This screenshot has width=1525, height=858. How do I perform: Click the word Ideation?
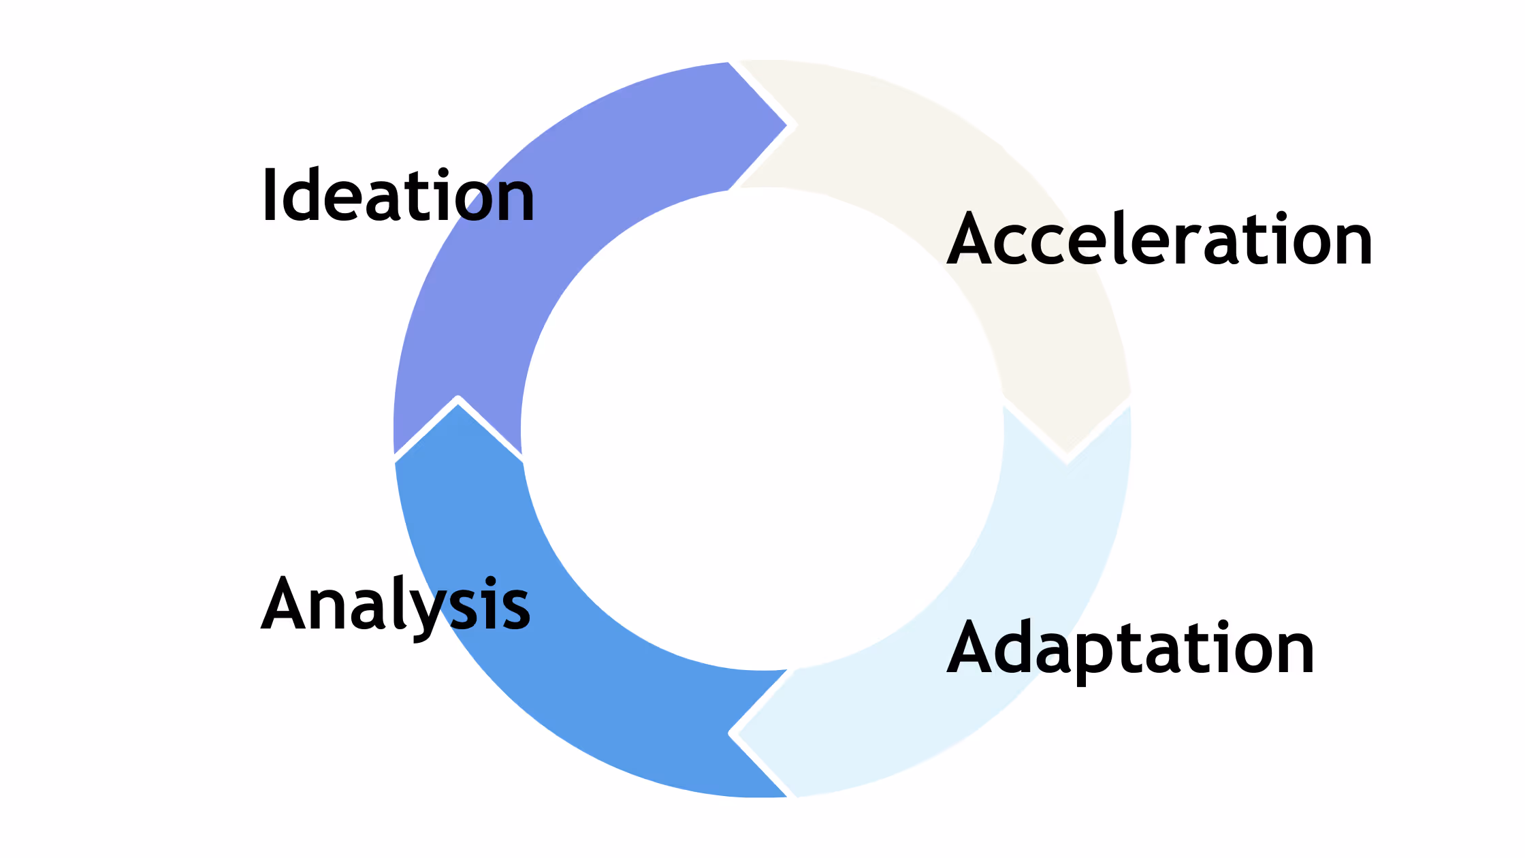398,195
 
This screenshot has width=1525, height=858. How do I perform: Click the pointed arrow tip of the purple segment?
788,125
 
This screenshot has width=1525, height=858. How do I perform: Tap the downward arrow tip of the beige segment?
1067,461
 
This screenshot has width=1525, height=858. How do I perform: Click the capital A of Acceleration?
972,238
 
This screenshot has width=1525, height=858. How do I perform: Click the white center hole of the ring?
762,429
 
